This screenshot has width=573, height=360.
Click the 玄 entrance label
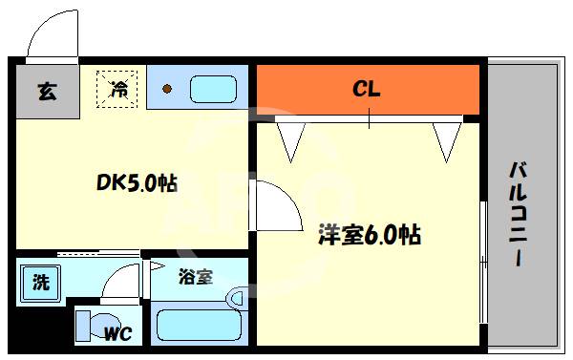[x=45, y=92]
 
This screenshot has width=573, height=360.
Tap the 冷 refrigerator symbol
[x=119, y=91]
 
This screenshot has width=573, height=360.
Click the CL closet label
[x=368, y=90]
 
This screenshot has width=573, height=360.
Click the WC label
[x=119, y=333]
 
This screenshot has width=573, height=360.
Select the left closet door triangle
[x=290, y=140]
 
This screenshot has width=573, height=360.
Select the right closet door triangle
[x=446, y=140]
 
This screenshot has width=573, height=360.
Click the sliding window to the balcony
[x=483, y=258]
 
